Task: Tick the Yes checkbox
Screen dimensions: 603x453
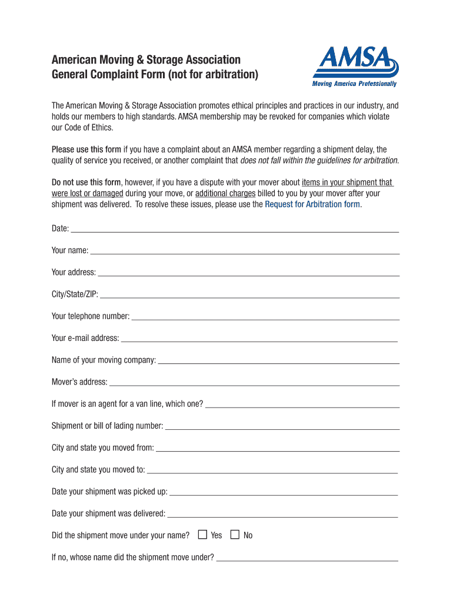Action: point(203,535)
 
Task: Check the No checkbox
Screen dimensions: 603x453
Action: point(235,535)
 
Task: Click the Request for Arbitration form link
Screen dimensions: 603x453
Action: point(313,204)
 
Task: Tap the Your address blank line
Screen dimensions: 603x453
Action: point(248,274)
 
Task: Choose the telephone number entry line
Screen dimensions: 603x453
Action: point(265,319)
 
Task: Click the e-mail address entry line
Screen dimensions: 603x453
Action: point(259,340)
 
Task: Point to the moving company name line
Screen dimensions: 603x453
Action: point(279,362)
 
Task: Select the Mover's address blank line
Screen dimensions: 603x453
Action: point(254,385)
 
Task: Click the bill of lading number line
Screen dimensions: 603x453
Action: point(282,428)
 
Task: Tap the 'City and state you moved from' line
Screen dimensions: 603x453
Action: point(278,450)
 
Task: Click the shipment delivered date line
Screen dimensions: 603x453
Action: point(282,516)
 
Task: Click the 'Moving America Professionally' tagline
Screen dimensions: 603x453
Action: point(354,84)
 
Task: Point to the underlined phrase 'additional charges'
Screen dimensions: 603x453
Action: point(225,193)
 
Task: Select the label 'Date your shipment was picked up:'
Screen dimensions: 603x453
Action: point(109,492)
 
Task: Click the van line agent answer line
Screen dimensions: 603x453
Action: point(302,406)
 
